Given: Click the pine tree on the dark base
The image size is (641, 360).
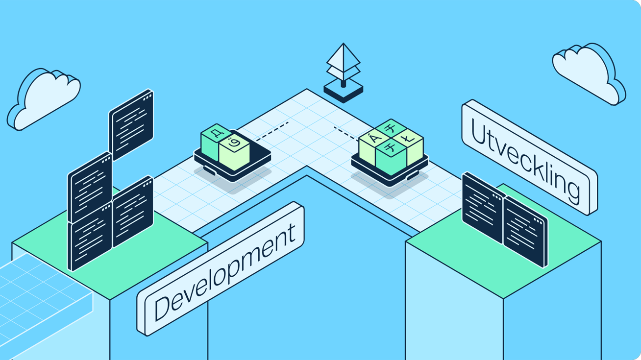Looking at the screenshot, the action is point(344,64).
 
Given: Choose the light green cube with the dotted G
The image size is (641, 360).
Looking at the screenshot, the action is point(235,149).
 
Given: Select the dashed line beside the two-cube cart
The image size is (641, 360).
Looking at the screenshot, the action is point(272,131).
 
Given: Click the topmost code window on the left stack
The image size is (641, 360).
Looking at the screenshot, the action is point(131,124).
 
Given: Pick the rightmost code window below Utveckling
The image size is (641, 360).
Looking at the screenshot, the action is point(525,232).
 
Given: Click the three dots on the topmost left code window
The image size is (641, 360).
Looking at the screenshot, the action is point(147,98).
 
